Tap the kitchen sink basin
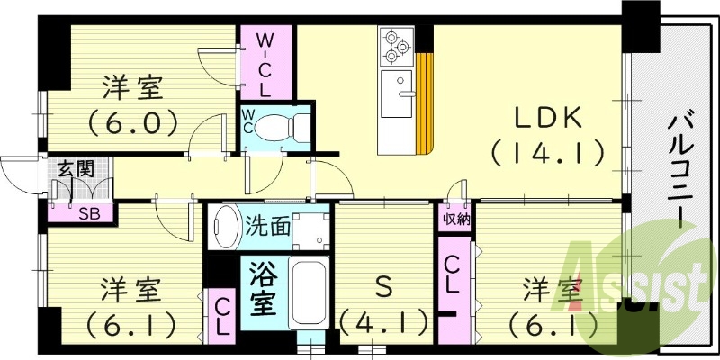[x=395, y=94]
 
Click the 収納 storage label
[x=455, y=218]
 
